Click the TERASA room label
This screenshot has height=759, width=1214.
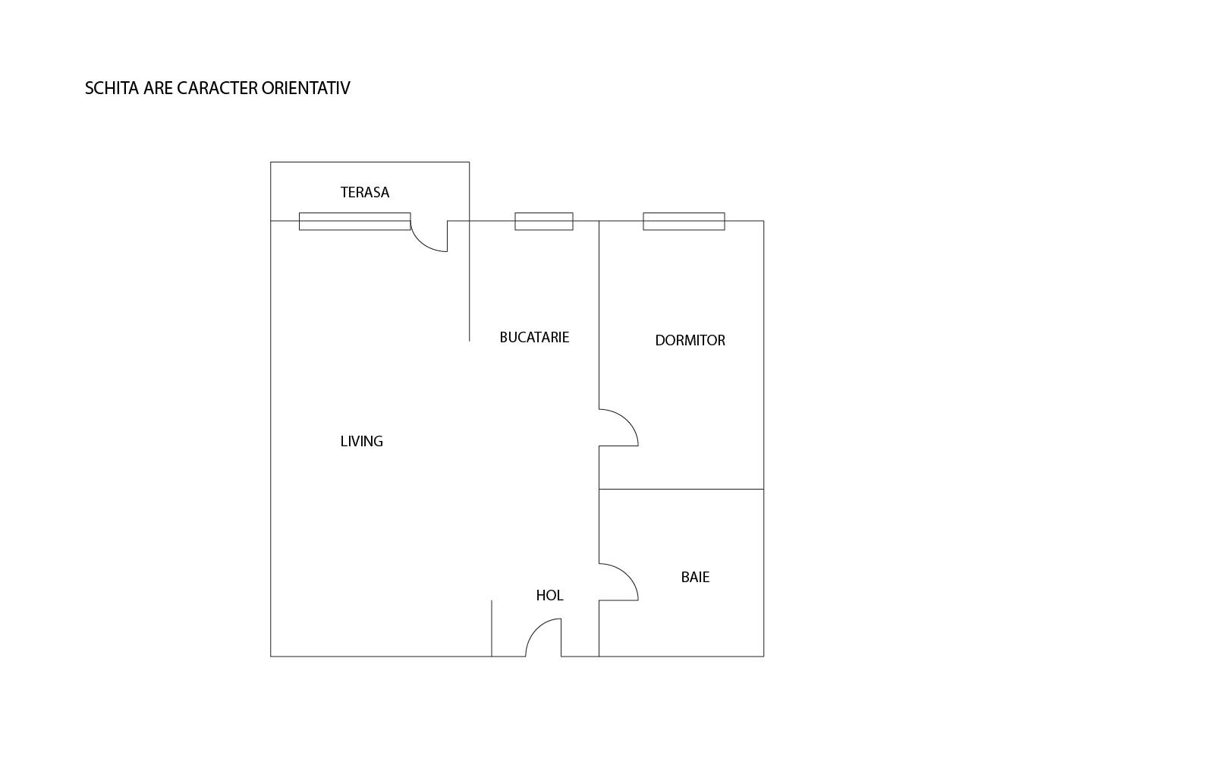365,193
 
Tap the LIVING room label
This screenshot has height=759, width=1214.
361,442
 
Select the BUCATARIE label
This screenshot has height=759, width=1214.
534,338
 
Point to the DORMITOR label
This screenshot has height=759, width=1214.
690,341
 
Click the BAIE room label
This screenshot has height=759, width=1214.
695,578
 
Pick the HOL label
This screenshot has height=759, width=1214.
549,596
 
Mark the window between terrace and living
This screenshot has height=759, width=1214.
354,222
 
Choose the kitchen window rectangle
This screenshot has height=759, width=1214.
544,222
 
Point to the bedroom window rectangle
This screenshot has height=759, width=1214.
684,222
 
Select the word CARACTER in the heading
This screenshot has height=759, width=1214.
217,89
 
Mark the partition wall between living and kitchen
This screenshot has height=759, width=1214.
469,288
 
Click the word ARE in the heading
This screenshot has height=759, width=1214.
158,89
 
